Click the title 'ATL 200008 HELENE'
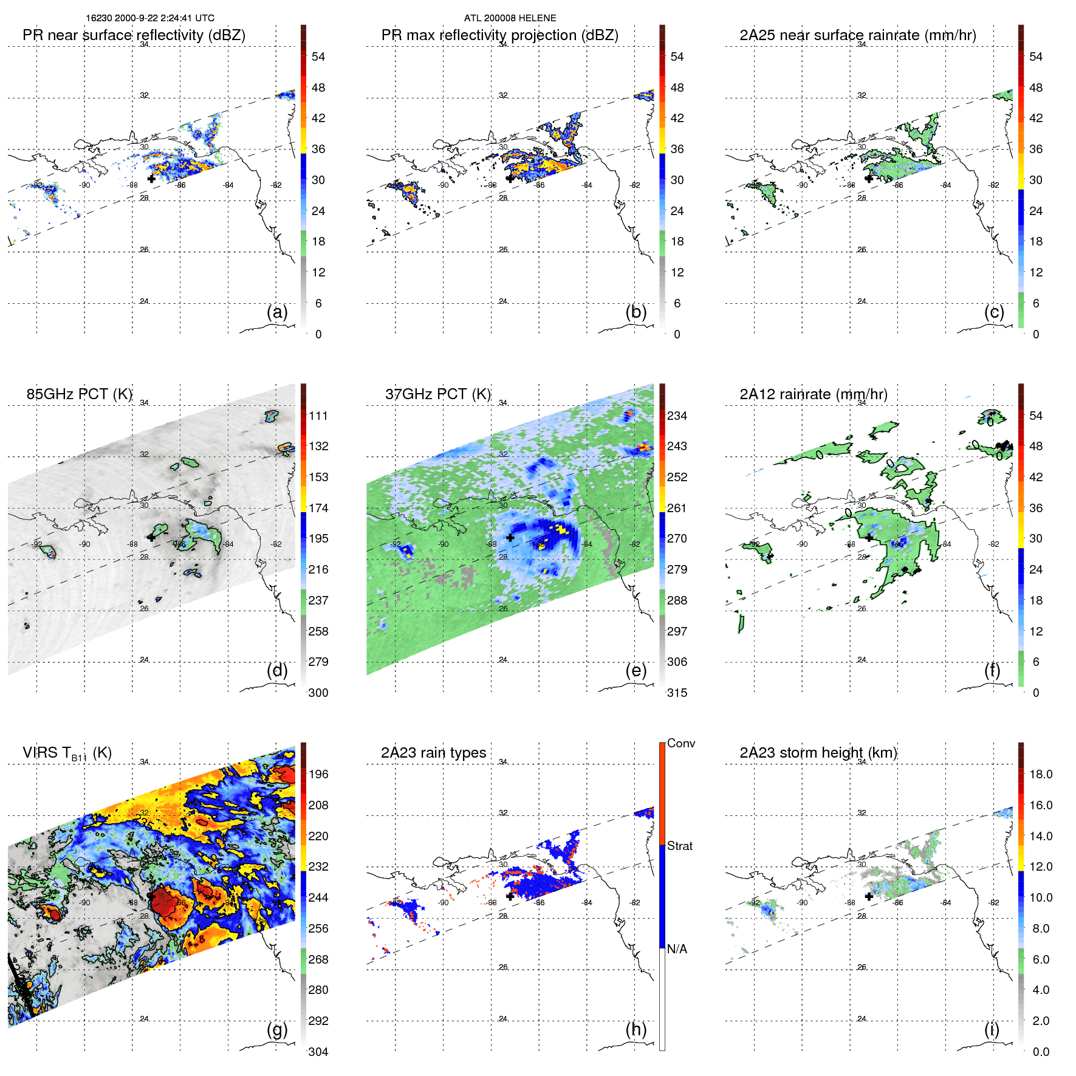pyautogui.click(x=510, y=18)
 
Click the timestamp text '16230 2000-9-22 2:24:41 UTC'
pyautogui.click(x=150, y=18)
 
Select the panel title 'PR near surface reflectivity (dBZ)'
pyautogui.click(x=134, y=35)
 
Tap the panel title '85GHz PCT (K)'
pyautogui.click(x=79, y=394)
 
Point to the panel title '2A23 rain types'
pyautogui.click(x=433, y=753)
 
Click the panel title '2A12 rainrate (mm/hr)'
pyautogui.click(x=813, y=394)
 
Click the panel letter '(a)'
pyautogui.click(x=277, y=312)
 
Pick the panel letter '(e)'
pyautogui.click(x=636, y=670)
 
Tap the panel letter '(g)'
pyautogui.click(x=277, y=1029)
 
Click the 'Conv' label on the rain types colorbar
pyautogui.click(x=680, y=743)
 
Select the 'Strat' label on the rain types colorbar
pyautogui.click(x=679, y=846)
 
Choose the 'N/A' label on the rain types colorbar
pyautogui.click(x=677, y=949)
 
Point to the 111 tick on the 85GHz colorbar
pyautogui.click(x=318, y=416)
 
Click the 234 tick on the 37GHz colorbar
pyautogui.click(x=677, y=416)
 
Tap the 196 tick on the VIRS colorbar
pyautogui.click(x=318, y=774)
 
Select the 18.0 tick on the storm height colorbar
pyautogui.click(x=1040, y=774)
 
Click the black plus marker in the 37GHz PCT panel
pyautogui.click(x=510, y=538)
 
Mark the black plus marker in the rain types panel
pyautogui.click(x=510, y=896)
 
